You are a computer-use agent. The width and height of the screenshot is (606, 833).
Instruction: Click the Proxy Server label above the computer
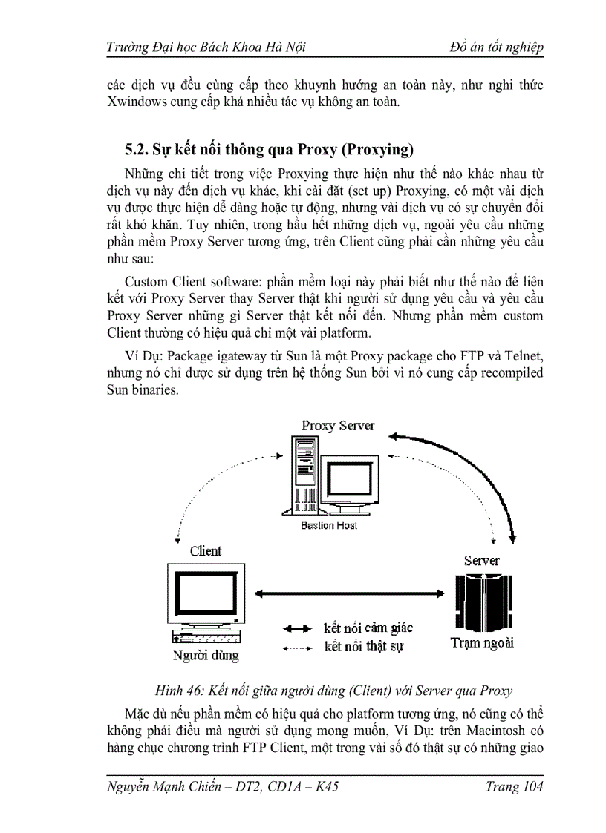338,426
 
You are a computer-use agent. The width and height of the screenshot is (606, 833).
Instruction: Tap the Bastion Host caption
329,525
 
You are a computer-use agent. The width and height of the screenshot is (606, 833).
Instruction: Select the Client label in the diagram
206,551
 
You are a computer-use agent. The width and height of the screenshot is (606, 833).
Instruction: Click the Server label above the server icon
482,561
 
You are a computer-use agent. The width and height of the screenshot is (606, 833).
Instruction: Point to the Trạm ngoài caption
482,642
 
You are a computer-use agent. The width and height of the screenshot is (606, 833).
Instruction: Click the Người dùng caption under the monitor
206,655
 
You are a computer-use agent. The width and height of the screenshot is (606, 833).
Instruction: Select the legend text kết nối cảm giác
368,628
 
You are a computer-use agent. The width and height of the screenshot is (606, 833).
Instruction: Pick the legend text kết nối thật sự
364,647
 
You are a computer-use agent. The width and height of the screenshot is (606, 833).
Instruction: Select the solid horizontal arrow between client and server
349,592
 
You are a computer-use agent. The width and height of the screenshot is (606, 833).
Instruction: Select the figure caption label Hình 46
177,691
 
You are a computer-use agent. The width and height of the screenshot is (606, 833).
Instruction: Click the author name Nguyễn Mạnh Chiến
167,787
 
